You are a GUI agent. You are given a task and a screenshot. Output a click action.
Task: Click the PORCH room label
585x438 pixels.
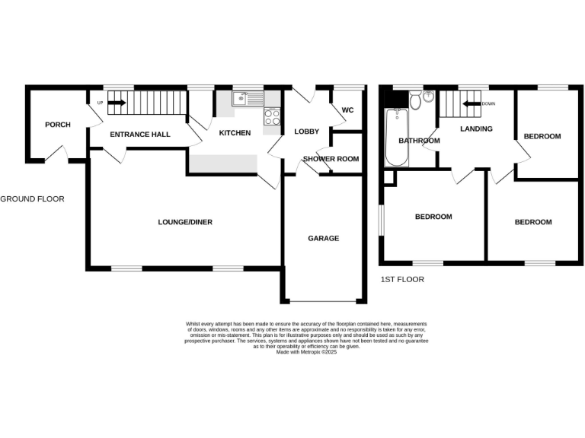pyautogui.click(x=58, y=125)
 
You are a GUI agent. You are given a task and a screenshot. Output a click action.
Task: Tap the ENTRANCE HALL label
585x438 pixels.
pyautogui.click(x=140, y=135)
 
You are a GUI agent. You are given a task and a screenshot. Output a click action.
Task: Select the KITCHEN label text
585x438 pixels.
pyautogui.click(x=235, y=133)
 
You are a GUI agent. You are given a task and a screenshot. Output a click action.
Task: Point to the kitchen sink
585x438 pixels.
pyautogui.click(x=247, y=98)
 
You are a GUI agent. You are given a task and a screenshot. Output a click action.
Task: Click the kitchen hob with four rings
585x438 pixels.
pyautogui.click(x=272, y=116)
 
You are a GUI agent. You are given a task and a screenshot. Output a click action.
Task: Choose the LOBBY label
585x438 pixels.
pyautogui.click(x=306, y=132)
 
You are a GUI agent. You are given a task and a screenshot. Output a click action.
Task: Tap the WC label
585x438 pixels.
pyautogui.click(x=347, y=110)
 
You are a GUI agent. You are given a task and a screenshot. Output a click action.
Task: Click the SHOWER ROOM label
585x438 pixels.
pyautogui.click(x=331, y=159)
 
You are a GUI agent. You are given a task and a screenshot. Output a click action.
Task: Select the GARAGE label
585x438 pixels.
pyautogui.click(x=323, y=238)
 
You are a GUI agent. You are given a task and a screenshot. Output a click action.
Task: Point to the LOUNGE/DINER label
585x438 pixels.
pyautogui.click(x=185, y=222)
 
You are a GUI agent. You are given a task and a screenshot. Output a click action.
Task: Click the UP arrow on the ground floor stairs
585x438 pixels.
pyautogui.click(x=115, y=103)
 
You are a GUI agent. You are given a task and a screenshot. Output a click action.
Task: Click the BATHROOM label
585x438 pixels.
pyautogui.click(x=419, y=141)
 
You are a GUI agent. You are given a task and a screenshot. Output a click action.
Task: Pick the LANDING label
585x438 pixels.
pyautogui.click(x=476, y=129)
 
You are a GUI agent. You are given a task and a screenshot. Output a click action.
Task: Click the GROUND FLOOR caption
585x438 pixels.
pyautogui.click(x=32, y=199)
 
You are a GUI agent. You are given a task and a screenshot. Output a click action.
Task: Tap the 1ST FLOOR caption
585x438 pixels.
pyautogui.click(x=401, y=279)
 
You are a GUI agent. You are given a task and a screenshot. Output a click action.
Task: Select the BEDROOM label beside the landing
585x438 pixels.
pyautogui.click(x=542, y=136)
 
